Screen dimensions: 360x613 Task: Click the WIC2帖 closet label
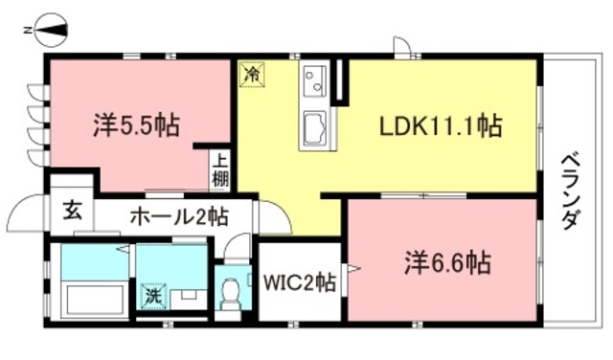tap(299, 283)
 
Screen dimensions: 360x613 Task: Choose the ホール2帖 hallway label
tap(177, 215)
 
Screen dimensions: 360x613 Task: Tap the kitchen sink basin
tap(316, 128)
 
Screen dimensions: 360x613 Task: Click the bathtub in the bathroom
tap(88, 299)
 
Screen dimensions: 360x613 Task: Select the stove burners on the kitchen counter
tap(316, 80)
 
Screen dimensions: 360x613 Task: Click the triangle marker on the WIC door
tap(353, 270)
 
